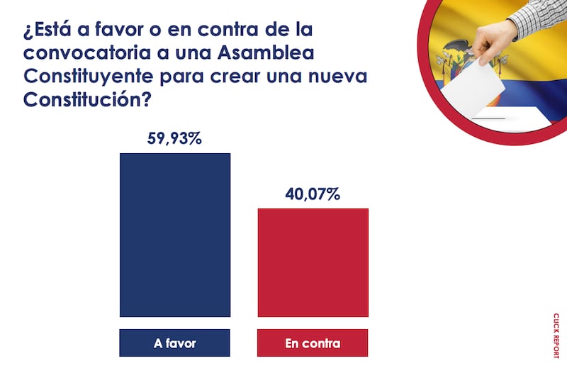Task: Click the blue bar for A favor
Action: point(175,235)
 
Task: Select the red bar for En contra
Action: point(313,262)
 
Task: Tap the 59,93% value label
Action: point(175,138)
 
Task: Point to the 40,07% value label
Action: point(313,194)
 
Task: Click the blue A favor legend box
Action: point(175,344)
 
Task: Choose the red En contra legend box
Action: point(313,344)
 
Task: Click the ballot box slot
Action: point(489,117)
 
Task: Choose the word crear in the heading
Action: point(254,77)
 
